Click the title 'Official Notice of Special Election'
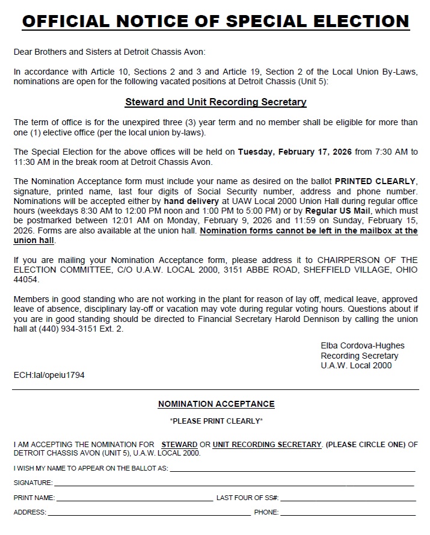coord(215,22)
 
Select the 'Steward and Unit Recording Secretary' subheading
coord(215,102)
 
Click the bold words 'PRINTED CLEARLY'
coord(375,181)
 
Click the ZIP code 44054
coord(25,280)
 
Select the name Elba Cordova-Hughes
coord(363,345)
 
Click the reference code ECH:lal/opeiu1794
coord(49,374)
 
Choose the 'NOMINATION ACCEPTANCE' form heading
coord(216,404)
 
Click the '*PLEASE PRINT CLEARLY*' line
coord(216,421)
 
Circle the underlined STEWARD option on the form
coord(179,444)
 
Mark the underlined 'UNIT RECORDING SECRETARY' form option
coord(267,444)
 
